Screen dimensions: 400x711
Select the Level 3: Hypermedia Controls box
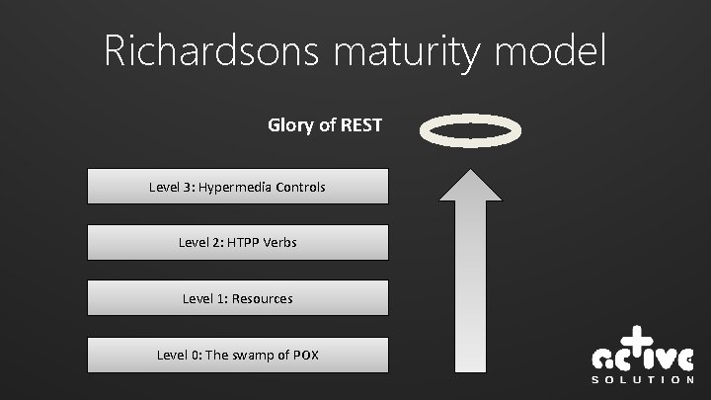(x=237, y=186)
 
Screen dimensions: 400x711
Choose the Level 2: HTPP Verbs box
(x=237, y=242)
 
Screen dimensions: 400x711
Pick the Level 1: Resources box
(x=237, y=297)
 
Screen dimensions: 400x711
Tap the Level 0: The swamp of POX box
(x=237, y=354)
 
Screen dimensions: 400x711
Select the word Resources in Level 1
(x=262, y=297)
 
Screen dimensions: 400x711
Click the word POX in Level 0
(x=305, y=354)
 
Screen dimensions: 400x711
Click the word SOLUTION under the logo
(x=642, y=379)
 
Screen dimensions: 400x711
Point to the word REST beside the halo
(x=361, y=125)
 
